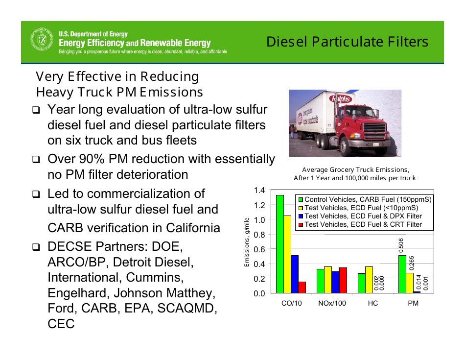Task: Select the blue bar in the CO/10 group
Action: tap(295, 274)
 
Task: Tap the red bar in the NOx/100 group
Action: tap(343, 280)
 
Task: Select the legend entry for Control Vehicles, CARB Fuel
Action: tap(365, 199)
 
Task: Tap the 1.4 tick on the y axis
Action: tap(259, 190)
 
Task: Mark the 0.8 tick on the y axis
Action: tap(259, 235)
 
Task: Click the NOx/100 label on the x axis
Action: tap(332, 303)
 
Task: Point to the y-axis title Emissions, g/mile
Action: tap(248, 242)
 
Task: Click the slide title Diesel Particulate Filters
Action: tap(348, 42)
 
